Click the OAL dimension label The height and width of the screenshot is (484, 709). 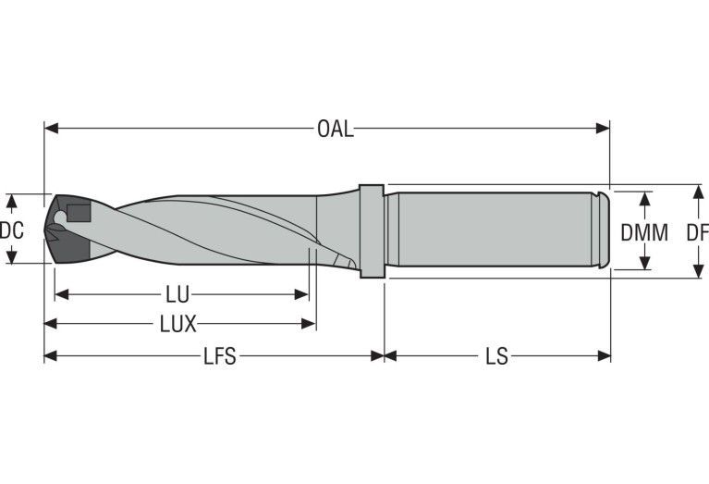(x=335, y=129)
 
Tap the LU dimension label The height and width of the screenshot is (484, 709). (x=177, y=295)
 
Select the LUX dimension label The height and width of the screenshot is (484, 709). (x=178, y=324)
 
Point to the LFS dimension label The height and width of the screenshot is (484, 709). (x=219, y=356)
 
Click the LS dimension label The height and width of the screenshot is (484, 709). (x=497, y=356)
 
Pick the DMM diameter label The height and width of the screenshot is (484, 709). (x=644, y=232)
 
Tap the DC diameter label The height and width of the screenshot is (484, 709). (x=11, y=230)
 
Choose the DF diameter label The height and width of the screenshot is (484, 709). (x=698, y=232)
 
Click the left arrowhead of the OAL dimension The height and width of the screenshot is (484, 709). (x=51, y=129)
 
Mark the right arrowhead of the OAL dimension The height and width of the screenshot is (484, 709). (x=603, y=129)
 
